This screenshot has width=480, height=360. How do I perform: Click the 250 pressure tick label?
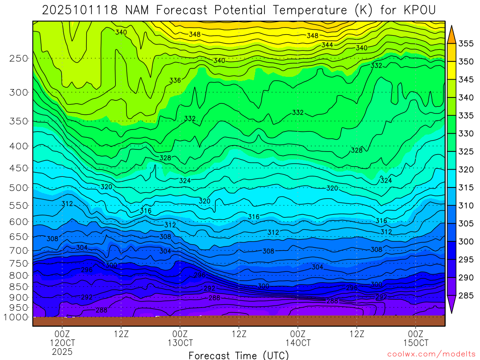[x=19, y=59]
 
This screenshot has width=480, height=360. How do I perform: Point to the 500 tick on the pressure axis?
[x=19, y=188]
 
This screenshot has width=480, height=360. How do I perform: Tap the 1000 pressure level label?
[x=16, y=317]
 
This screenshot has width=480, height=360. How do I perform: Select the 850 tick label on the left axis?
[x=19, y=286]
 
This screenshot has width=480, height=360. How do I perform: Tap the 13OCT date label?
[x=180, y=343]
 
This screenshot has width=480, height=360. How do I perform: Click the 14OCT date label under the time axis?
[x=298, y=343]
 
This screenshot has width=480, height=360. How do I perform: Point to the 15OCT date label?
[x=416, y=343]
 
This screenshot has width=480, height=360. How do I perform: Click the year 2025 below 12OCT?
[x=63, y=352]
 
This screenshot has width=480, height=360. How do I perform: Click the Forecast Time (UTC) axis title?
[x=239, y=355]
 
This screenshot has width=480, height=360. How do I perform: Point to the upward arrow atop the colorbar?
[x=452, y=34]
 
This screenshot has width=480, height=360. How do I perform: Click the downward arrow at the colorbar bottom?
[x=452, y=305]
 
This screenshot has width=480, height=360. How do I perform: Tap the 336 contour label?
[x=175, y=81]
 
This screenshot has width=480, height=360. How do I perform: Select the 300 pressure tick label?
[x=19, y=92]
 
